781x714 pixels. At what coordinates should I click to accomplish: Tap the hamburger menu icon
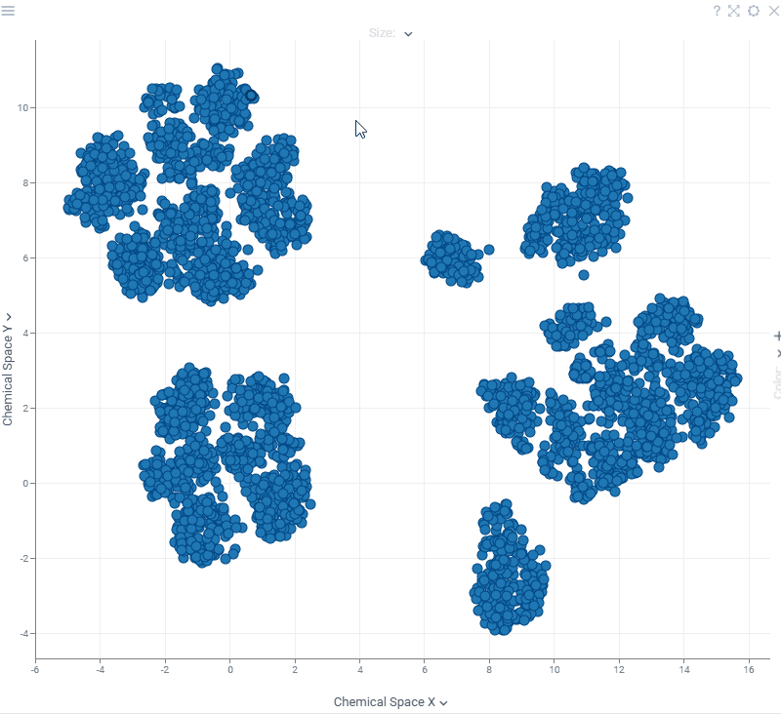click(8, 10)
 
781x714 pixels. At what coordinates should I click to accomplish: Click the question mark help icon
click(717, 11)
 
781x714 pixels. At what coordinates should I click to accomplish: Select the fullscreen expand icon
click(734, 11)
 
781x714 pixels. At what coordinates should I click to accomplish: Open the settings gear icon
click(753, 11)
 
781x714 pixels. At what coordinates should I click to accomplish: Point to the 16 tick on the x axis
click(749, 670)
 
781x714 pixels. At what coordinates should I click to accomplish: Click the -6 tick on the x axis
click(35, 670)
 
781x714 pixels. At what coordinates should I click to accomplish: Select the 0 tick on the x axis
click(229, 670)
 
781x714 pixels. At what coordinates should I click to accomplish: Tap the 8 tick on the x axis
click(489, 670)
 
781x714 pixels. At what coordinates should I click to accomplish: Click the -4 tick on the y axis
click(23, 634)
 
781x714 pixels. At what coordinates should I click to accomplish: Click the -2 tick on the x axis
click(164, 670)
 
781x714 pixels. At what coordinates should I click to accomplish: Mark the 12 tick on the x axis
click(619, 670)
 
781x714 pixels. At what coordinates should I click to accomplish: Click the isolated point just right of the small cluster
click(489, 250)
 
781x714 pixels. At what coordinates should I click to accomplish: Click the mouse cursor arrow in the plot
click(360, 129)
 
